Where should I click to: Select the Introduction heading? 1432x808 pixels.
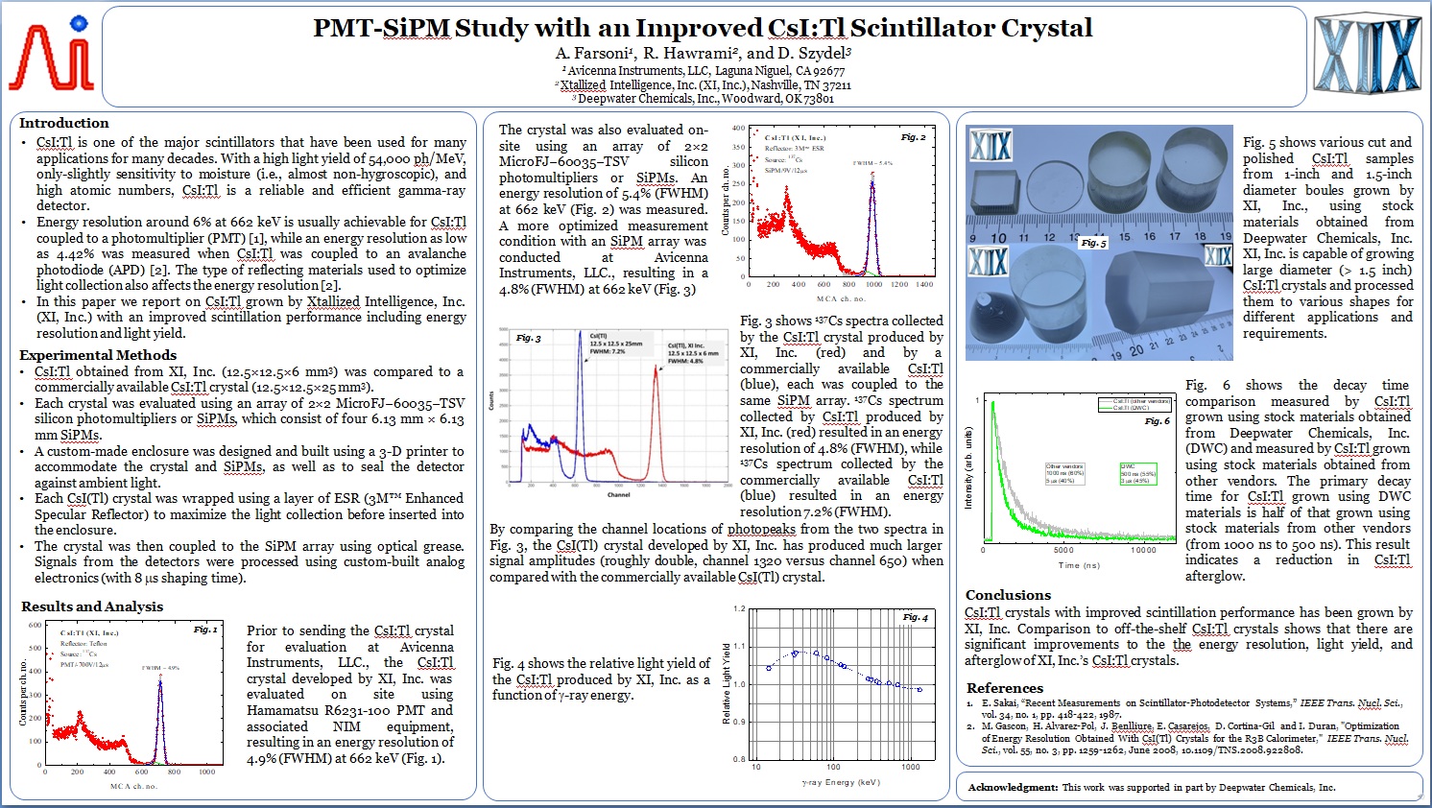coord(64,123)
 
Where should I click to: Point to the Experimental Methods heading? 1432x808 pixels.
coord(98,355)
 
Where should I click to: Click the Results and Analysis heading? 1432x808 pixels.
coord(92,606)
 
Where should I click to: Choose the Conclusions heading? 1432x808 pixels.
coord(1008,595)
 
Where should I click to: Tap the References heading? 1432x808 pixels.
coord(1004,688)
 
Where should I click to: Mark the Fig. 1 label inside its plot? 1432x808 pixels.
coord(205,630)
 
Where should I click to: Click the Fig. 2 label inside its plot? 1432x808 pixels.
coord(913,137)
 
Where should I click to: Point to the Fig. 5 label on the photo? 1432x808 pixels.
coord(1093,243)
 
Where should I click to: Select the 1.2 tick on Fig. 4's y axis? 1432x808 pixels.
coord(739,609)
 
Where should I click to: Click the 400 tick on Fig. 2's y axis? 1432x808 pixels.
coord(738,128)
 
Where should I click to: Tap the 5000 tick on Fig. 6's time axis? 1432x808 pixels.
coord(1062,550)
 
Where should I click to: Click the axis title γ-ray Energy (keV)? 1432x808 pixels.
coord(841,782)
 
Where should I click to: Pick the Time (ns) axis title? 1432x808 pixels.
coord(1079,565)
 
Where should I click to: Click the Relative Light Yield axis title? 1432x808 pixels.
coord(726,683)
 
